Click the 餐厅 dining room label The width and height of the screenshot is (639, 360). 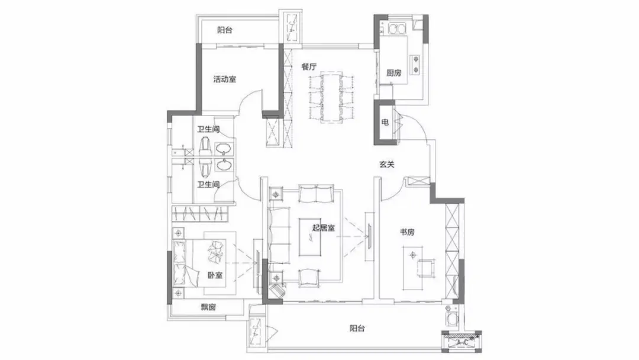tap(309, 67)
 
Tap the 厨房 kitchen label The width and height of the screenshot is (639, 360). tap(393, 73)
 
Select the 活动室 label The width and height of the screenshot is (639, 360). tap(225, 79)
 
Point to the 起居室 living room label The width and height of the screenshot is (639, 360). tap(324, 228)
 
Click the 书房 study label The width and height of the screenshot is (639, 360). tap(406, 232)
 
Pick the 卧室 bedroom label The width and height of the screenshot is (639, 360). tap(215, 275)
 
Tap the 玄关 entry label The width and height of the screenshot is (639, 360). tap(387, 165)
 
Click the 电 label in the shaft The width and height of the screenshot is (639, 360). tap(385, 122)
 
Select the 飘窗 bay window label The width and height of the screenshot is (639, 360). tap(208, 307)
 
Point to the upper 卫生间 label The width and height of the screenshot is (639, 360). tap(208, 129)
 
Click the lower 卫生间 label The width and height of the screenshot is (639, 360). tap(208, 185)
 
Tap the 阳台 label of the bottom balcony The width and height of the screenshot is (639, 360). tap(357, 328)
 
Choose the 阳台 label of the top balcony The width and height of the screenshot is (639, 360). tap(225, 30)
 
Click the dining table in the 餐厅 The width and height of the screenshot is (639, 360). tap(331, 98)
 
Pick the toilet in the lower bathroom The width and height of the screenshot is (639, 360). tap(205, 165)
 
